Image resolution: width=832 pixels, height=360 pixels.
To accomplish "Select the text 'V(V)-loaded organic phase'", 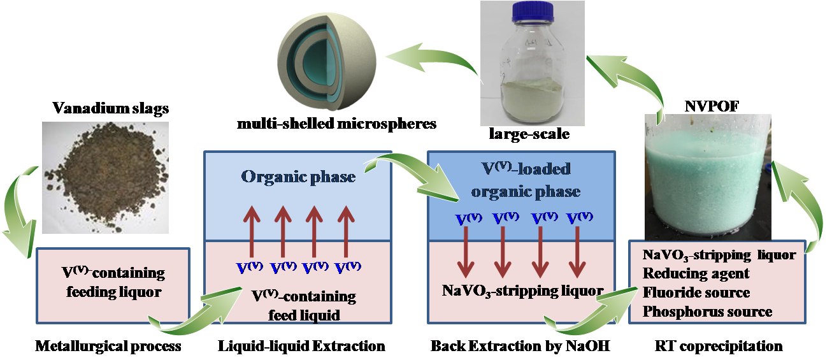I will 524,180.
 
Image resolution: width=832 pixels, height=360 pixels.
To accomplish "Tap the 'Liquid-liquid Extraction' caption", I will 301,347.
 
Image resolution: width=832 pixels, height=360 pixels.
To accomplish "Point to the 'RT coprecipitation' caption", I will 718,347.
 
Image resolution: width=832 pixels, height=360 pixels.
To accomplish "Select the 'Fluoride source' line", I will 696,293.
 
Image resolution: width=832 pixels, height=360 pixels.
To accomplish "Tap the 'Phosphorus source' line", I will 707,312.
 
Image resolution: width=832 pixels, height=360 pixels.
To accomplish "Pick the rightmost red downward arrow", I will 578,248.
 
